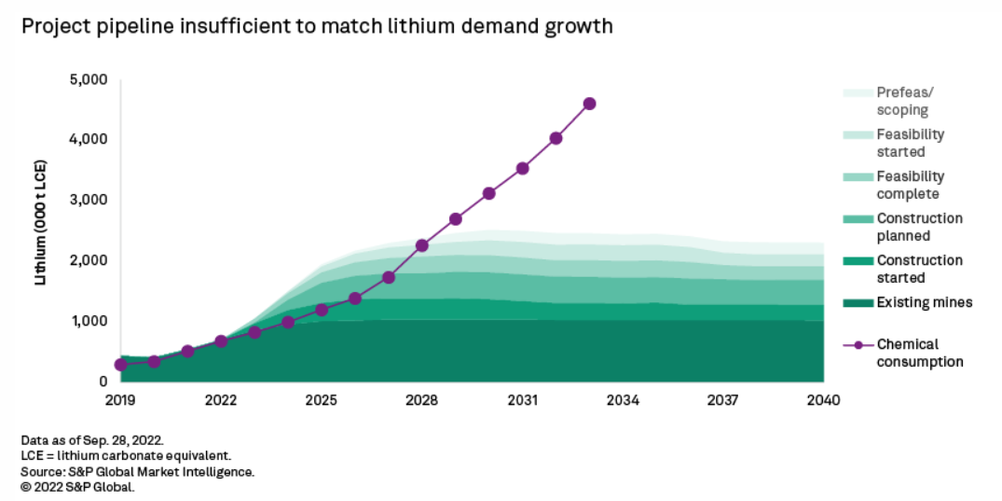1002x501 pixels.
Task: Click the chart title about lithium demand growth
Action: click(318, 26)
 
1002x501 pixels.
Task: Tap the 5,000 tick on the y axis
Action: click(89, 79)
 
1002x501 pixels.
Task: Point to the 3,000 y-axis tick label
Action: click(89, 200)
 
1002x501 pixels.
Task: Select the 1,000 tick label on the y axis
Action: click(89, 321)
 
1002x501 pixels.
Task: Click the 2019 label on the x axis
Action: click(120, 400)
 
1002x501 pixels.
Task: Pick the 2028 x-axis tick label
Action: click(421, 400)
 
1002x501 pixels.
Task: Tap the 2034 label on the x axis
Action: click(623, 400)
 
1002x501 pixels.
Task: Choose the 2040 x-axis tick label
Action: click(823, 400)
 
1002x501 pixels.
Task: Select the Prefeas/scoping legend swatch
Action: click(858, 93)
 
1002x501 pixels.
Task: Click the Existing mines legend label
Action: click(925, 302)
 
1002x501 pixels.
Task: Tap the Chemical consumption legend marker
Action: click(858, 345)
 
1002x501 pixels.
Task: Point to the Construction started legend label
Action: click(919, 269)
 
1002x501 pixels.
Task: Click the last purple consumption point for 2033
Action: click(589, 104)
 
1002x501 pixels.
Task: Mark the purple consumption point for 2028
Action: click(422, 245)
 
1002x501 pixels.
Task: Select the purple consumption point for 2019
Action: click(120, 365)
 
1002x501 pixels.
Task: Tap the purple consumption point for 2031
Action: click(523, 168)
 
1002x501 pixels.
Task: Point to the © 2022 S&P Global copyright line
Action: click(78, 486)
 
